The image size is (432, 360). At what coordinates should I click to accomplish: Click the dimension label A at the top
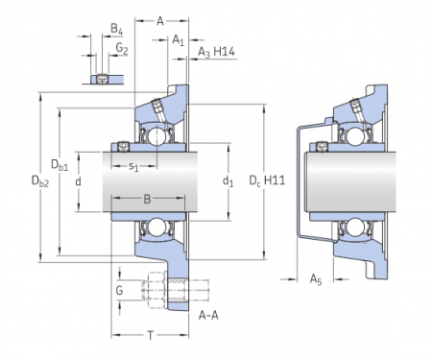click(160, 18)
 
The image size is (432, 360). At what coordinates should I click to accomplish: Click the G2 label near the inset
click(122, 47)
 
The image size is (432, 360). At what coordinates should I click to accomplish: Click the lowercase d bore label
click(78, 181)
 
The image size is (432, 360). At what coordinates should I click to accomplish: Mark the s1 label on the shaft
click(134, 168)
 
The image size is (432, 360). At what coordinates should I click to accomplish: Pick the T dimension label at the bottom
click(151, 334)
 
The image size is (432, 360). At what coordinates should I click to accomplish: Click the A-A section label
click(207, 314)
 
